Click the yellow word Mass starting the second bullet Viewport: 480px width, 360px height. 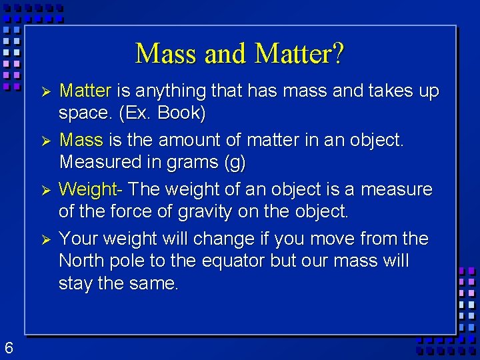[x=81, y=140]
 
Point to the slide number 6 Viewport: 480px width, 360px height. [x=9, y=347]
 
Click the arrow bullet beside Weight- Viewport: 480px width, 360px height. [x=46, y=190]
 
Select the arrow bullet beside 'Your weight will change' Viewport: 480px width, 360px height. [x=46, y=239]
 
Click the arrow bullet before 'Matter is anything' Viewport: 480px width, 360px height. [x=46, y=91]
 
